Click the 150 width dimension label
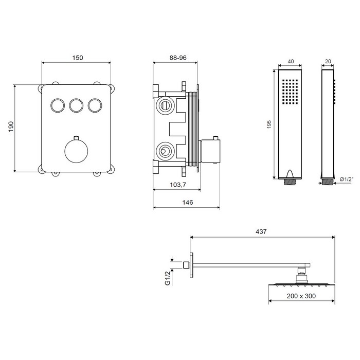click(78, 58)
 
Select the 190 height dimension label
click(11, 127)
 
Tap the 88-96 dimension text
click(178, 58)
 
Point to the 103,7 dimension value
click(178, 185)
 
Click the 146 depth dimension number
click(188, 202)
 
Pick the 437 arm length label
click(261, 231)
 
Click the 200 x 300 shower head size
click(301, 296)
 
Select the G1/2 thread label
click(168, 278)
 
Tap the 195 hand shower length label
click(269, 124)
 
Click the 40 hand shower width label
click(291, 61)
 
